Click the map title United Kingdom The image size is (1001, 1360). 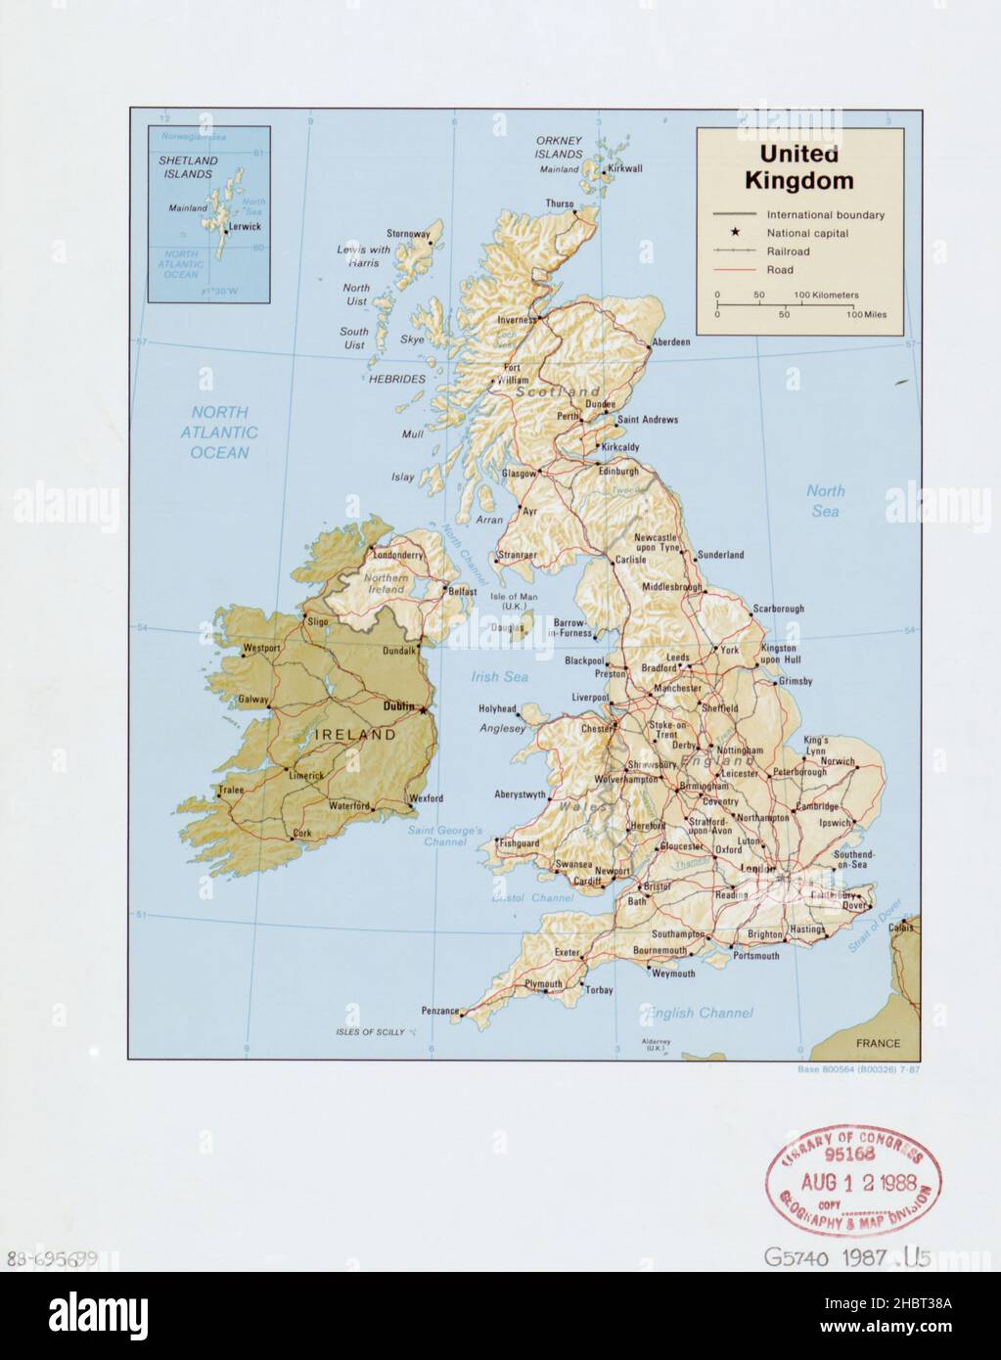pyautogui.click(x=798, y=167)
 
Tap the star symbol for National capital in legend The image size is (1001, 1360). pyautogui.click(x=734, y=233)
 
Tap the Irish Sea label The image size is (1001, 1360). pyautogui.click(x=499, y=676)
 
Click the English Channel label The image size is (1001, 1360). pyautogui.click(x=699, y=1013)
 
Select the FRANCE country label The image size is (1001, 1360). pyautogui.click(x=877, y=1043)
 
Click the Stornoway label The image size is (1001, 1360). pyautogui.click(x=408, y=234)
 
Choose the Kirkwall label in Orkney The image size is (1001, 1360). pyautogui.click(x=624, y=168)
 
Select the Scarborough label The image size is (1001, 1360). pyautogui.click(x=778, y=609)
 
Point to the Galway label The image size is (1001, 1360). pyautogui.click(x=253, y=700)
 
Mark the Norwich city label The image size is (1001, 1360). pyautogui.click(x=838, y=760)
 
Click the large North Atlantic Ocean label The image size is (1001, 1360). pyautogui.click(x=220, y=432)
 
